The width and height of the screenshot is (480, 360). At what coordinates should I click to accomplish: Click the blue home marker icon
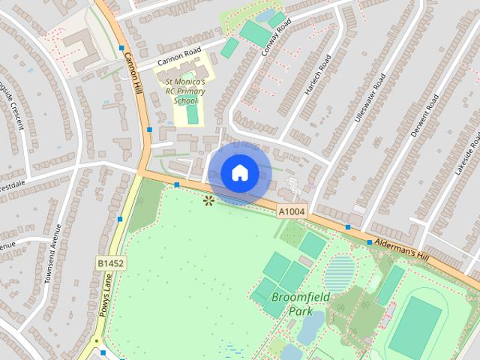[x=239, y=173]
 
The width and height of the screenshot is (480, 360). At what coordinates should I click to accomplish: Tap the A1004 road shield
[x=292, y=212]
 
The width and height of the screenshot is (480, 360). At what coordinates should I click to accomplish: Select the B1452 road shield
[x=110, y=263]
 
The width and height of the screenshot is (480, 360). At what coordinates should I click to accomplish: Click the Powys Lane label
[x=104, y=296]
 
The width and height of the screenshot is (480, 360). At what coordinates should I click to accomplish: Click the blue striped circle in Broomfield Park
[x=340, y=272]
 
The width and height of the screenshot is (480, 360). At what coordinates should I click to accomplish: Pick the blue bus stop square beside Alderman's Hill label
[x=370, y=242]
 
